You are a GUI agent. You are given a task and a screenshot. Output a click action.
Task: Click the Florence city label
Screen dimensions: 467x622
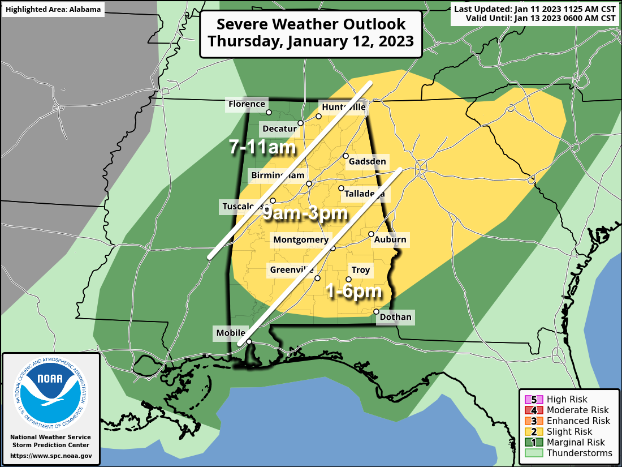coord(247,104)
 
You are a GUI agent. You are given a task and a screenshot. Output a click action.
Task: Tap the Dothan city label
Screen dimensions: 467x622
coord(396,317)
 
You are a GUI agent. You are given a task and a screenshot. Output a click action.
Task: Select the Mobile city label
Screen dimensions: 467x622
coord(231,333)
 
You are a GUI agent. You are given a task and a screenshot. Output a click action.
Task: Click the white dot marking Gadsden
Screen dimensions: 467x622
coord(345,156)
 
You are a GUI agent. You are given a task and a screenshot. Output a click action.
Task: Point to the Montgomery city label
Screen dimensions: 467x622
coord(300,240)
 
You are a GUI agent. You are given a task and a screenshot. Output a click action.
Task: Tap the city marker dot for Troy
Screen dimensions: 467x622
coord(348,279)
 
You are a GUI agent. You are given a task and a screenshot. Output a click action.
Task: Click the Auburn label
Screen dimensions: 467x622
coord(390,240)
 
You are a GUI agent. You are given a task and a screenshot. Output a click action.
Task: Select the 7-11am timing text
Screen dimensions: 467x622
coord(262,148)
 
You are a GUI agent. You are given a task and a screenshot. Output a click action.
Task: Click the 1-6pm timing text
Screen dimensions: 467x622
coord(353,292)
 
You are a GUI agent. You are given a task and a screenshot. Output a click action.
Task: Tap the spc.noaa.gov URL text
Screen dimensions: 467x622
coord(51,456)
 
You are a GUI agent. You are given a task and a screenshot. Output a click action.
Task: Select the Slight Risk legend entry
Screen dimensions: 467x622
coord(568,431)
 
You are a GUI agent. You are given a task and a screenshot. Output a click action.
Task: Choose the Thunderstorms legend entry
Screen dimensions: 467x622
coord(568,453)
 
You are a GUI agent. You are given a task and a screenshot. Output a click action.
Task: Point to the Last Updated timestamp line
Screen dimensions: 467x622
coord(534,9)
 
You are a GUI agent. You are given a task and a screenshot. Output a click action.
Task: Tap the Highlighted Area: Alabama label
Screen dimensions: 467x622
coord(53,10)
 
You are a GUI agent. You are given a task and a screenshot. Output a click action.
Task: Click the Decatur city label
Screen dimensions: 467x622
coord(279,128)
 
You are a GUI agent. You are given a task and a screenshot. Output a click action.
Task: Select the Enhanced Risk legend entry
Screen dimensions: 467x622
coord(568,421)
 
